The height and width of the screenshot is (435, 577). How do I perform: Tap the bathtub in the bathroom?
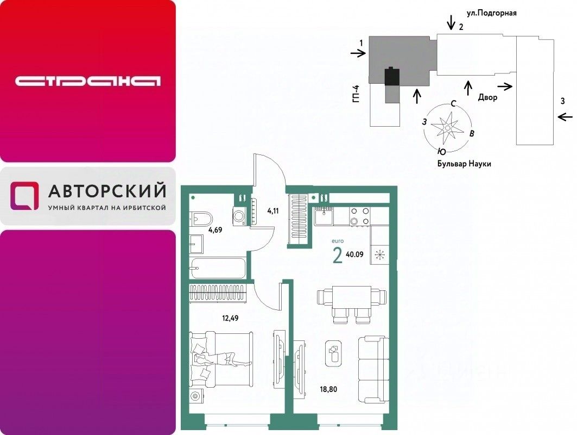point(218,268)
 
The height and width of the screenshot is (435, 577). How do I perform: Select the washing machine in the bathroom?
point(239,216)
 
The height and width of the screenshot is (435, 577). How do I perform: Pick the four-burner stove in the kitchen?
point(359,216)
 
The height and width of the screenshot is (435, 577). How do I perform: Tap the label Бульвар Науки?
point(464,164)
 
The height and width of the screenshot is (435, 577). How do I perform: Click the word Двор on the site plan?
point(487,98)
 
